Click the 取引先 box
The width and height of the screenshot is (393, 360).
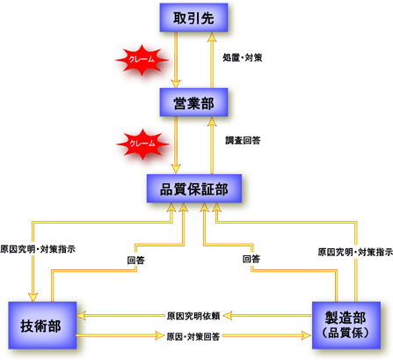pyautogui.click(x=193, y=18)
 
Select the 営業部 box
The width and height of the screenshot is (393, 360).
pyautogui.click(x=193, y=102)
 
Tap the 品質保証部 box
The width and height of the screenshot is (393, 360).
pyautogui.click(x=194, y=188)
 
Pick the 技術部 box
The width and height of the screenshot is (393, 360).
pyautogui.click(x=42, y=326)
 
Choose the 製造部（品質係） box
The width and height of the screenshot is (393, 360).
pyautogui.click(x=346, y=326)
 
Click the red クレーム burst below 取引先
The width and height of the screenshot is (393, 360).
pyautogui.click(x=142, y=60)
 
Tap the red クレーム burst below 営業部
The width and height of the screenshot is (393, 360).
pyautogui.click(x=142, y=143)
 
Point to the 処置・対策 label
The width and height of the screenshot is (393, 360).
pyautogui.click(x=243, y=58)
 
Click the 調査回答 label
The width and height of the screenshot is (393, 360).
pyautogui.click(x=243, y=141)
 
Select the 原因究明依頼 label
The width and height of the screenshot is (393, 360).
pyautogui.click(x=193, y=316)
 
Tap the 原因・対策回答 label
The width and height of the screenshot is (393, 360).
pyautogui.click(x=193, y=336)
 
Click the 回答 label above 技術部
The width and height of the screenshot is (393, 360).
pyautogui.click(x=136, y=261)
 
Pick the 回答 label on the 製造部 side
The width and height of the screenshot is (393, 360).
pyautogui.click(x=251, y=259)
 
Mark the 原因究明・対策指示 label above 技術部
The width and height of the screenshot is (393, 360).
pyautogui.click(x=38, y=249)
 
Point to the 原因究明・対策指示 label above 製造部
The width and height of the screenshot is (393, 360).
pyautogui.click(x=355, y=252)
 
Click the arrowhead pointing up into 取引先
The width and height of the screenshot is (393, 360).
pyautogui.click(x=212, y=37)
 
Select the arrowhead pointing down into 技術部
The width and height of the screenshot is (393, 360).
pyautogui.click(x=33, y=297)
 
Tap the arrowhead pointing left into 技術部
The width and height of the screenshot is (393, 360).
pyautogui.click(x=81, y=316)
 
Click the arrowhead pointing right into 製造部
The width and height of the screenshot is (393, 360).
pyautogui.click(x=307, y=335)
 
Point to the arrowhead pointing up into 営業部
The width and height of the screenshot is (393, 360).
pyautogui.click(x=212, y=121)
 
